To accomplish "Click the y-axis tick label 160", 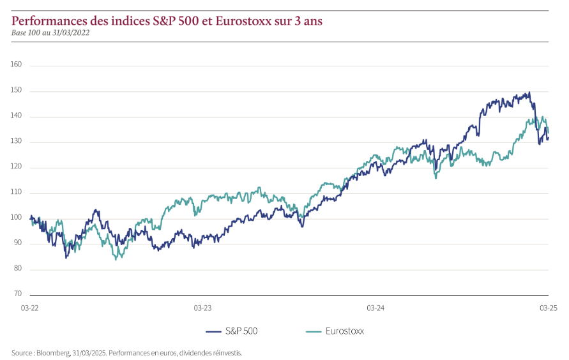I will click(x=17, y=64).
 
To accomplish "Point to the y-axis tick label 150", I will click(x=17, y=91).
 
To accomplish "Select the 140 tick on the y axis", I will click(x=17, y=116).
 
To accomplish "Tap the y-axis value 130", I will click(x=17, y=142).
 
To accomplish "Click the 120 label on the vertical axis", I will click(x=17, y=167).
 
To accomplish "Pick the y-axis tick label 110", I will click(x=17, y=193).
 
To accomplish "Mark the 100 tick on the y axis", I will click(x=17, y=218).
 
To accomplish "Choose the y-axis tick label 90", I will click(x=18, y=243).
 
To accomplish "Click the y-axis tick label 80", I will click(x=18, y=269).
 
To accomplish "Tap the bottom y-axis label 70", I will click(x=18, y=294).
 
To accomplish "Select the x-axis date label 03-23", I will click(x=202, y=308).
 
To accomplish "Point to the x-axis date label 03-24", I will click(x=376, y=308).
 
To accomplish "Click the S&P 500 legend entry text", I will click(x=241, y=331).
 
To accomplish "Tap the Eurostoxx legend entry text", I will click(x=345, y=331).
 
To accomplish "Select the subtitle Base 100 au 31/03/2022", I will click(x=50, y=33).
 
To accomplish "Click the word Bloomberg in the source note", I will click(x=54, y=352).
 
